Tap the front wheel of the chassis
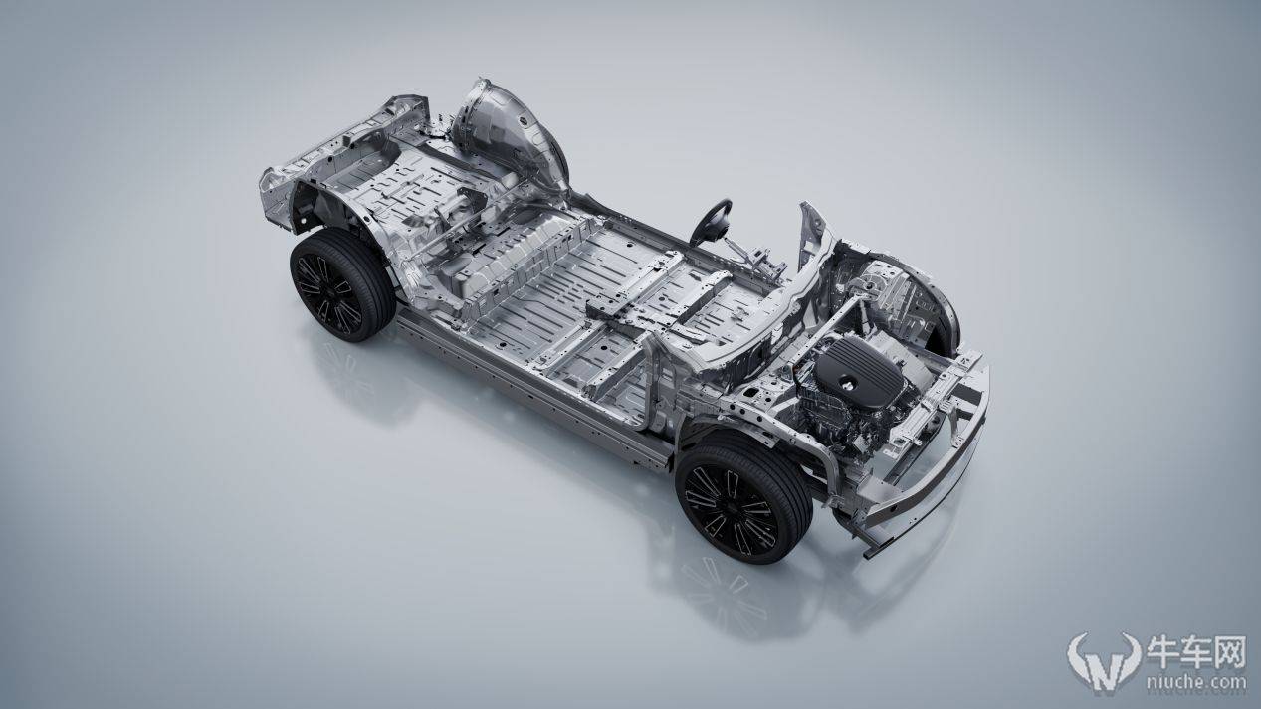(x=743, y=498)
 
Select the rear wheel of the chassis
(x=341, y=285)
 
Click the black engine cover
(x=859, y=372)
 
